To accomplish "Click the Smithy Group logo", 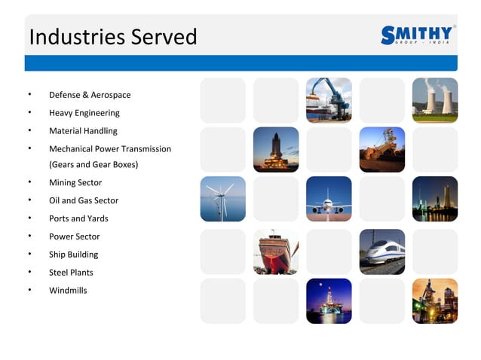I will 417,35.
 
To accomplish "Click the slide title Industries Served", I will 112,37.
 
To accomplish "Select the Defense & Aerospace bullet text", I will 90,95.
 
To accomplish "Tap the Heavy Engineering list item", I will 84,113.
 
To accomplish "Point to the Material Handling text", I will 83,131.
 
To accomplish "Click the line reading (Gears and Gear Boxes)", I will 93,164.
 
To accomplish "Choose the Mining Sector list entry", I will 75,182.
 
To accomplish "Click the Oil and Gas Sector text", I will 84,200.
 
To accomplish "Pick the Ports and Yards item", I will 78,218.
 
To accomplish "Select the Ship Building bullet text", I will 74,255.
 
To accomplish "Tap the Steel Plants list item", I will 71,273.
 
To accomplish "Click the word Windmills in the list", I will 68,291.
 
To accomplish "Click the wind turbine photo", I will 222,199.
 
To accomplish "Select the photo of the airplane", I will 329,199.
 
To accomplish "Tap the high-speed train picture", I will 381,252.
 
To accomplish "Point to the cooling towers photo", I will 434,100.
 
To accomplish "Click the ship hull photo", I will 275,252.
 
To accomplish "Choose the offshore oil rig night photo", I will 329,301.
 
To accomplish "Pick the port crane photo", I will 329,100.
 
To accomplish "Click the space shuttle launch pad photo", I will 275,149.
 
